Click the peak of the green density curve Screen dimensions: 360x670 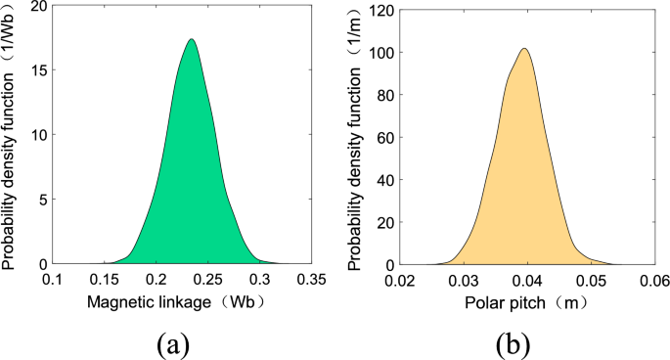click(192, 40)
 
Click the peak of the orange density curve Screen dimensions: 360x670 click(525, 49)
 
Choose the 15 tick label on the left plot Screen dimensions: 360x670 click(37, 70)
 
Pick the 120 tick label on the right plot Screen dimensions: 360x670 click(382, 8)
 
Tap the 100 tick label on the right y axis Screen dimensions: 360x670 click(382, 51)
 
